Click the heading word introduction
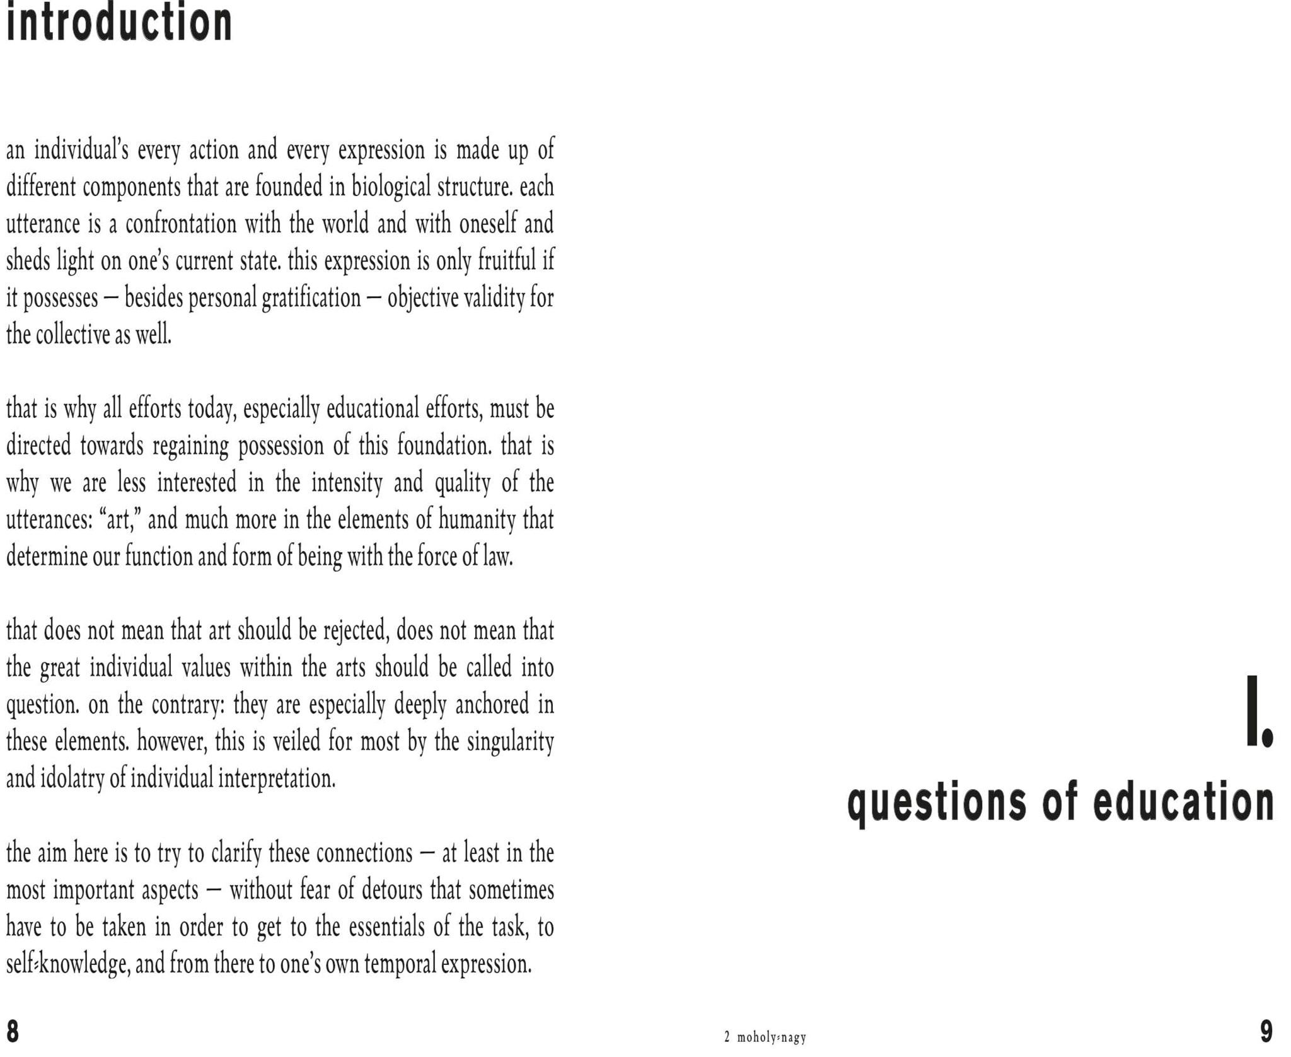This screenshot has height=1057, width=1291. [119, 23]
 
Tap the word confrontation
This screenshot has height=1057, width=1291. [181, 224]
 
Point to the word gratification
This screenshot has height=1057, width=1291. [311, 298]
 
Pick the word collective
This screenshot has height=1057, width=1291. [72, 335]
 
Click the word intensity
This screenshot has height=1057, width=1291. [347, 483]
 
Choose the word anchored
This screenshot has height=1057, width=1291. [492, 705]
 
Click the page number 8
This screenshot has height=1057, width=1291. [13, 1032]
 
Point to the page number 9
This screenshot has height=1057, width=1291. [1266, 1032]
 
